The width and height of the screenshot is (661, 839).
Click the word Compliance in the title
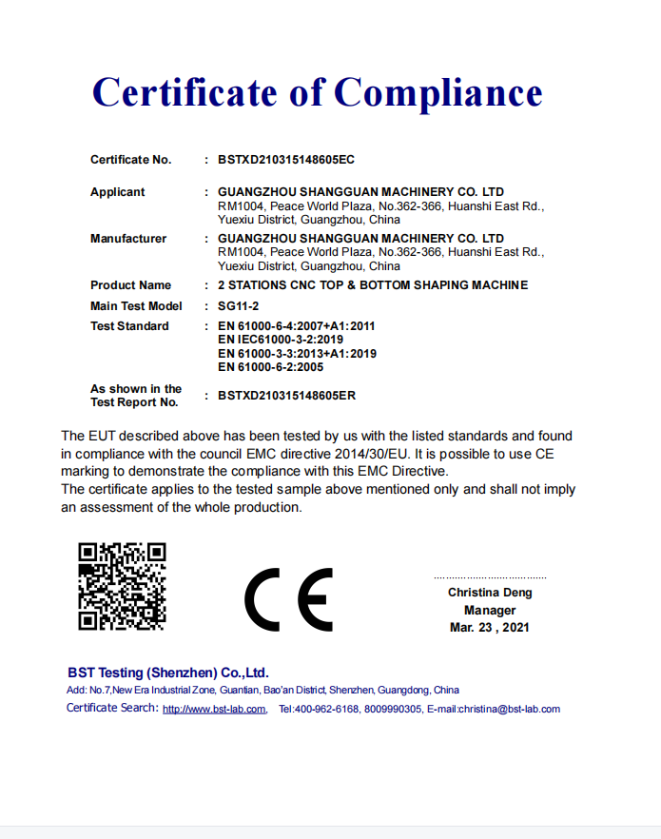[x=438, y=93]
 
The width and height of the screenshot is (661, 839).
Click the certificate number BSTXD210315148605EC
[x=285, y=160]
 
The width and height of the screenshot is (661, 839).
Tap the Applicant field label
[x=117, y=192]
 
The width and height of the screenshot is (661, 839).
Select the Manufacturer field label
[x=128, y=238]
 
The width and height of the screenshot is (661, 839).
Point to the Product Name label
[x=130, y=285]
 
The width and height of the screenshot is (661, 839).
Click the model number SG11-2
[x=238, y=306]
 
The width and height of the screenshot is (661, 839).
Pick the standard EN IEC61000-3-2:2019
[x=281, y=340]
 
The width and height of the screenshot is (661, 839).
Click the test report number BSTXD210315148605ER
[x=286, y=395]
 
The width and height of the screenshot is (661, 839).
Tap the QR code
[x=122, y=586]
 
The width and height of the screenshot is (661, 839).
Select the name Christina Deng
[x=490, y=593]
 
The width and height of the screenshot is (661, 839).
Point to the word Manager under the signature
[x=490, y=610]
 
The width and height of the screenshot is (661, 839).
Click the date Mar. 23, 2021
[x=490, y=627]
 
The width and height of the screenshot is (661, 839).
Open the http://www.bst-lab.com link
[x=214, y=710]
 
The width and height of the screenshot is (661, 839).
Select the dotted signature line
[x=490, y=577]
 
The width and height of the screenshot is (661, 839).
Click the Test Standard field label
[x=129, y=326]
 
